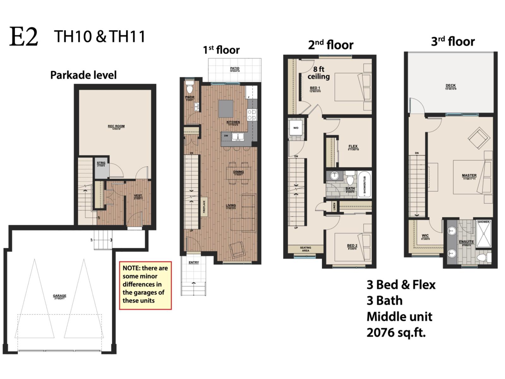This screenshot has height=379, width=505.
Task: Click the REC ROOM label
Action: point(116,127)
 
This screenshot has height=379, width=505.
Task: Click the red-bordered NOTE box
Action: point(145,285)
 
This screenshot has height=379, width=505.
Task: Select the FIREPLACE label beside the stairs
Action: point(204,207)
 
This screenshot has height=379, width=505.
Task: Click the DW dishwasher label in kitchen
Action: point(226,135)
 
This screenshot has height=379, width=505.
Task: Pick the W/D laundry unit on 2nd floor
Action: point(296,128)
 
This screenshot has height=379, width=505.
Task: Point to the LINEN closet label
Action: point(334,207)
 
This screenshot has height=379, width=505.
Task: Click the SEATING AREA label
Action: point(305,249)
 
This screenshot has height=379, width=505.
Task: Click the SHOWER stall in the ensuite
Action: point(483,234)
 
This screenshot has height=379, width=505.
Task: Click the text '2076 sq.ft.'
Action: point(396,333)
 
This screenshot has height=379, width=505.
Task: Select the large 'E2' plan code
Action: point(24,37)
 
